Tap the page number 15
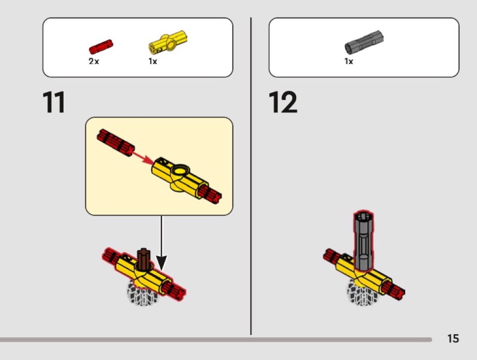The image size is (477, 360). click(453, 338)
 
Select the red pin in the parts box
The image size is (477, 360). click(101, 47)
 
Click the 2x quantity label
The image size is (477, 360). click(94, 61)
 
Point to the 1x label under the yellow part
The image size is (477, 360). click(153, 61)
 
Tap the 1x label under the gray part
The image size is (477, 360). click(348, 61)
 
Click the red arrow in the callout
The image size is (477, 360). click(142, 158)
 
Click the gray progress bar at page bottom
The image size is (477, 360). click(216, 339)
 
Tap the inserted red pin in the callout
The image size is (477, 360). click(210, 194)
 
